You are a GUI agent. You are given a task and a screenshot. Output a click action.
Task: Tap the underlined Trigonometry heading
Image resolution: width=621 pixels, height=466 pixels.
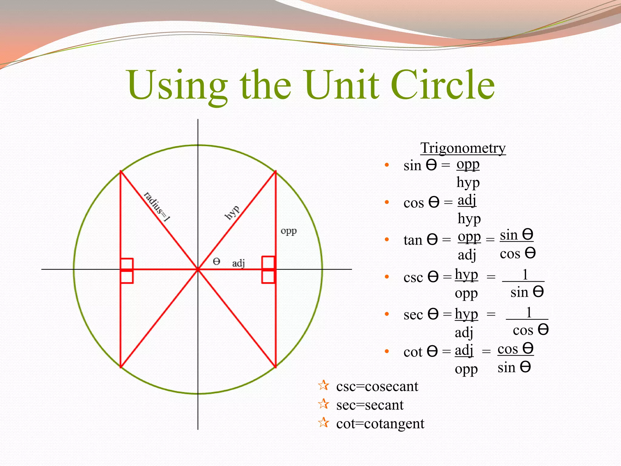463,148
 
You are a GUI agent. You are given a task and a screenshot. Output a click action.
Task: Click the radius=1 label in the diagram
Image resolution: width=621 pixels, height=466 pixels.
157,207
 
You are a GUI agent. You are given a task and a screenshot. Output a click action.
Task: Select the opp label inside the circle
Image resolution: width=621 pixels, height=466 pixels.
288,231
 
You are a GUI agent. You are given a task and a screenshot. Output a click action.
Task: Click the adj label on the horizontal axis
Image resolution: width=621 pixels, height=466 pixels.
238,263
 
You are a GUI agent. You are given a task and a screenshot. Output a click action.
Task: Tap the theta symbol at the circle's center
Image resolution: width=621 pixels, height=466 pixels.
216,261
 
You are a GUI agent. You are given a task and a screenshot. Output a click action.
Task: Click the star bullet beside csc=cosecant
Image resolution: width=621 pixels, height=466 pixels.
324,386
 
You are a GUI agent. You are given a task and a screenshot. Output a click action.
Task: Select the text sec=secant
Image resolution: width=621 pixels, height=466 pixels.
370,405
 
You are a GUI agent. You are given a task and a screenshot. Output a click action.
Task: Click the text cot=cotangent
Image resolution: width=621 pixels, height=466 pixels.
380,424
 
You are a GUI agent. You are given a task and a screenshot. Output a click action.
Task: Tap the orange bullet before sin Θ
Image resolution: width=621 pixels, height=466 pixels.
387,165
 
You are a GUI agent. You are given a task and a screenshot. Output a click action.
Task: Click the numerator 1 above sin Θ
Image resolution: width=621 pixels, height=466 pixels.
525,275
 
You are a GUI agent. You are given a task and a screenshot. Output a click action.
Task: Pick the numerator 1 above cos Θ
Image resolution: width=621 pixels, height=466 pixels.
529,312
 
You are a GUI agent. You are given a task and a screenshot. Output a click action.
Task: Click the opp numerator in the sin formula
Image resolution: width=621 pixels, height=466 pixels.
468,164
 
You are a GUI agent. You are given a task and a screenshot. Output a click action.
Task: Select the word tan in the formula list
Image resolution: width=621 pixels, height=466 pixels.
413,240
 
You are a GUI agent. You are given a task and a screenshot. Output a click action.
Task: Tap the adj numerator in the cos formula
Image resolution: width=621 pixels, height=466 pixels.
467,200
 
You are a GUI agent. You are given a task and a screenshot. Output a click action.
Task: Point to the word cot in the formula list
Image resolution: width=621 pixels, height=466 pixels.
413,352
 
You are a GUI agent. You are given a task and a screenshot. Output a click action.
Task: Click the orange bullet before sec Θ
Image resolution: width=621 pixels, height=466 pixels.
387,314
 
